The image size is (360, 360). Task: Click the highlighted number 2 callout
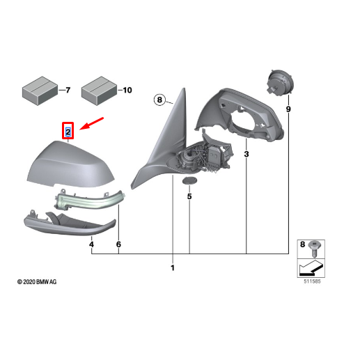click(x=68, y=131)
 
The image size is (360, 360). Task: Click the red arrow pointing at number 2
click(x=91, y=123)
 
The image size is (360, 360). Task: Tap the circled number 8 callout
click(x=159, y=100)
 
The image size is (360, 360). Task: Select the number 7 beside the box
click(x=68, y=90)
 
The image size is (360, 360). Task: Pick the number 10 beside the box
click(x=127, y=90)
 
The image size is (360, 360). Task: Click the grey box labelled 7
click(x=40, y=91)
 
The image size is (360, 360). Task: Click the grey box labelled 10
click(x=99, y=91)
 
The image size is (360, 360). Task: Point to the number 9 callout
click(x=288, y=109)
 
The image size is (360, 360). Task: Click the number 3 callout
click(x=246, y=154)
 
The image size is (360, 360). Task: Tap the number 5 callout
click(x=189, y=196)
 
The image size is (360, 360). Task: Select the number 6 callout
click(x=118, y=244)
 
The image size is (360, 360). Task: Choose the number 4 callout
click(x=91, y=244)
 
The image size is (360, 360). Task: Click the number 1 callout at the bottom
click(x=173, y=268)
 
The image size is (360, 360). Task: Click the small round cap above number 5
click(x=189, y=180)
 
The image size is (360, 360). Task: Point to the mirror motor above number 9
click(x=280, y=82)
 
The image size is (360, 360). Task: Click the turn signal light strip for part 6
click(x=89, y=201)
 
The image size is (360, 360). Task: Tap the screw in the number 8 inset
click(x=314, y=249)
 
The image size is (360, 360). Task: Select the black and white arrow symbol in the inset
click(x=311, y=268)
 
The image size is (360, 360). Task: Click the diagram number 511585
click(x=312, y=281)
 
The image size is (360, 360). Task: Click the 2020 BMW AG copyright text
click(x=37, y=282)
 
